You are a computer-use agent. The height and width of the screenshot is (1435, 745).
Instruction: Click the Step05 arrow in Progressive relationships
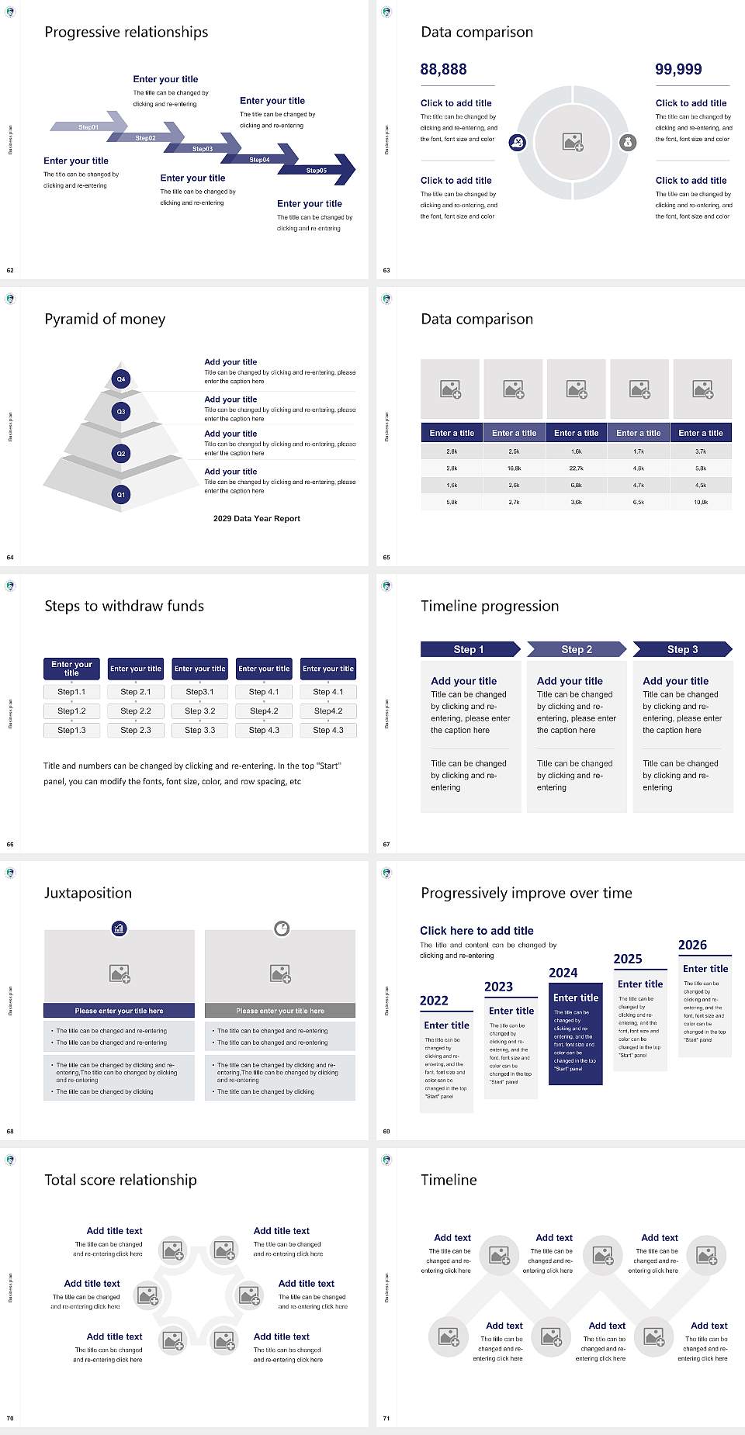coord(318,170)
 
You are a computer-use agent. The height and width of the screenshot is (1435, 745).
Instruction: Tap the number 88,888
coord(443,69)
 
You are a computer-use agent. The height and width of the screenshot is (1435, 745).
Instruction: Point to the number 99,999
coord(678,69)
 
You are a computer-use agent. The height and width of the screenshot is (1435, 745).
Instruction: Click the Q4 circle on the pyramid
coord(121,379)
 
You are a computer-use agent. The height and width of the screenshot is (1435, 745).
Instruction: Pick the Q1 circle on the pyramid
coord(121,494)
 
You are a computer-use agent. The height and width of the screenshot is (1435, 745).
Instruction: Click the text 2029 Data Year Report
coord(256,519)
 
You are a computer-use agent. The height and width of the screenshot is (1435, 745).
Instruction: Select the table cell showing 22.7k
coord(576,469)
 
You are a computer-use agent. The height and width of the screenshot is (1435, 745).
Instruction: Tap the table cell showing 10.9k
coord(701,503)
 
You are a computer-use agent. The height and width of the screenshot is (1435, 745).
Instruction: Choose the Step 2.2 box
coord(136,711)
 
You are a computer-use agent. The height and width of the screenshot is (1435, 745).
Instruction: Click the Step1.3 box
coord(71,730)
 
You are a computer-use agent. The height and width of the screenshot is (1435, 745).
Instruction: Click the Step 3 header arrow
coord(682,649)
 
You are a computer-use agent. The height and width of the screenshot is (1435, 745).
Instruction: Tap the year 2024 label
coord(563,973)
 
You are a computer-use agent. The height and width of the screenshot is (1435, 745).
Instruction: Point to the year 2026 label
coord(692,945)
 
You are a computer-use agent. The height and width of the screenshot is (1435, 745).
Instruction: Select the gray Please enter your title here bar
coord(280,1011)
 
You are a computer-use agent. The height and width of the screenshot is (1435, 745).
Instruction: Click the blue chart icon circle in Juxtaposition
coord(120,928)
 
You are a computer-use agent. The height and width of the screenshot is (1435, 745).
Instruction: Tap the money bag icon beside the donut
coord(628,142)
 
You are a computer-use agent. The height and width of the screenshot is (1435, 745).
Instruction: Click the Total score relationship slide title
coord(120,1180)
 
